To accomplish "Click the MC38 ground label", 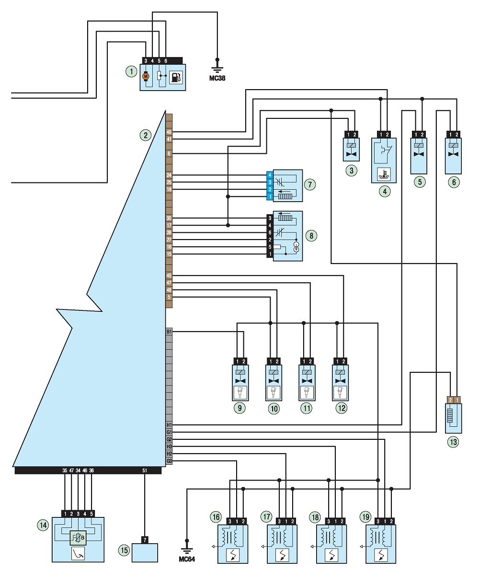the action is coord(217,78).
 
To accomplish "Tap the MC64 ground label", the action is coord(187,559).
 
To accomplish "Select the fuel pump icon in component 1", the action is coord(176,78).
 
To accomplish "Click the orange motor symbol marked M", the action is coord(146,76).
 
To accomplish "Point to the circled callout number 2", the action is coord(146,136).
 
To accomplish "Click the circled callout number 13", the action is coord(453,442).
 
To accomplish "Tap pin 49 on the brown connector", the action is coord(169,132).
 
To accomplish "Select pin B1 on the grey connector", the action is coord(169,332).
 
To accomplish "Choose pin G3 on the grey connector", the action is coord(169,461).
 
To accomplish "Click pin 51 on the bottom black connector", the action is coord(145,470).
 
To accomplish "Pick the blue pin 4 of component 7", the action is coord(270,175).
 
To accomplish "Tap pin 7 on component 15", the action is coord(145,540).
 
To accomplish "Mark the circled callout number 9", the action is coord(239,408).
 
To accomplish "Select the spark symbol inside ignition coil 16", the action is coord(232,555).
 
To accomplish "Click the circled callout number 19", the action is coord(365,516).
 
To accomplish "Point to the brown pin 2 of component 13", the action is coord(450,400).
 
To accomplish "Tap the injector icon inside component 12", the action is coord(340,393).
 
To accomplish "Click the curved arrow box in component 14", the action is coord(78,553).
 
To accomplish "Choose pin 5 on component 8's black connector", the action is coord(270,247).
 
